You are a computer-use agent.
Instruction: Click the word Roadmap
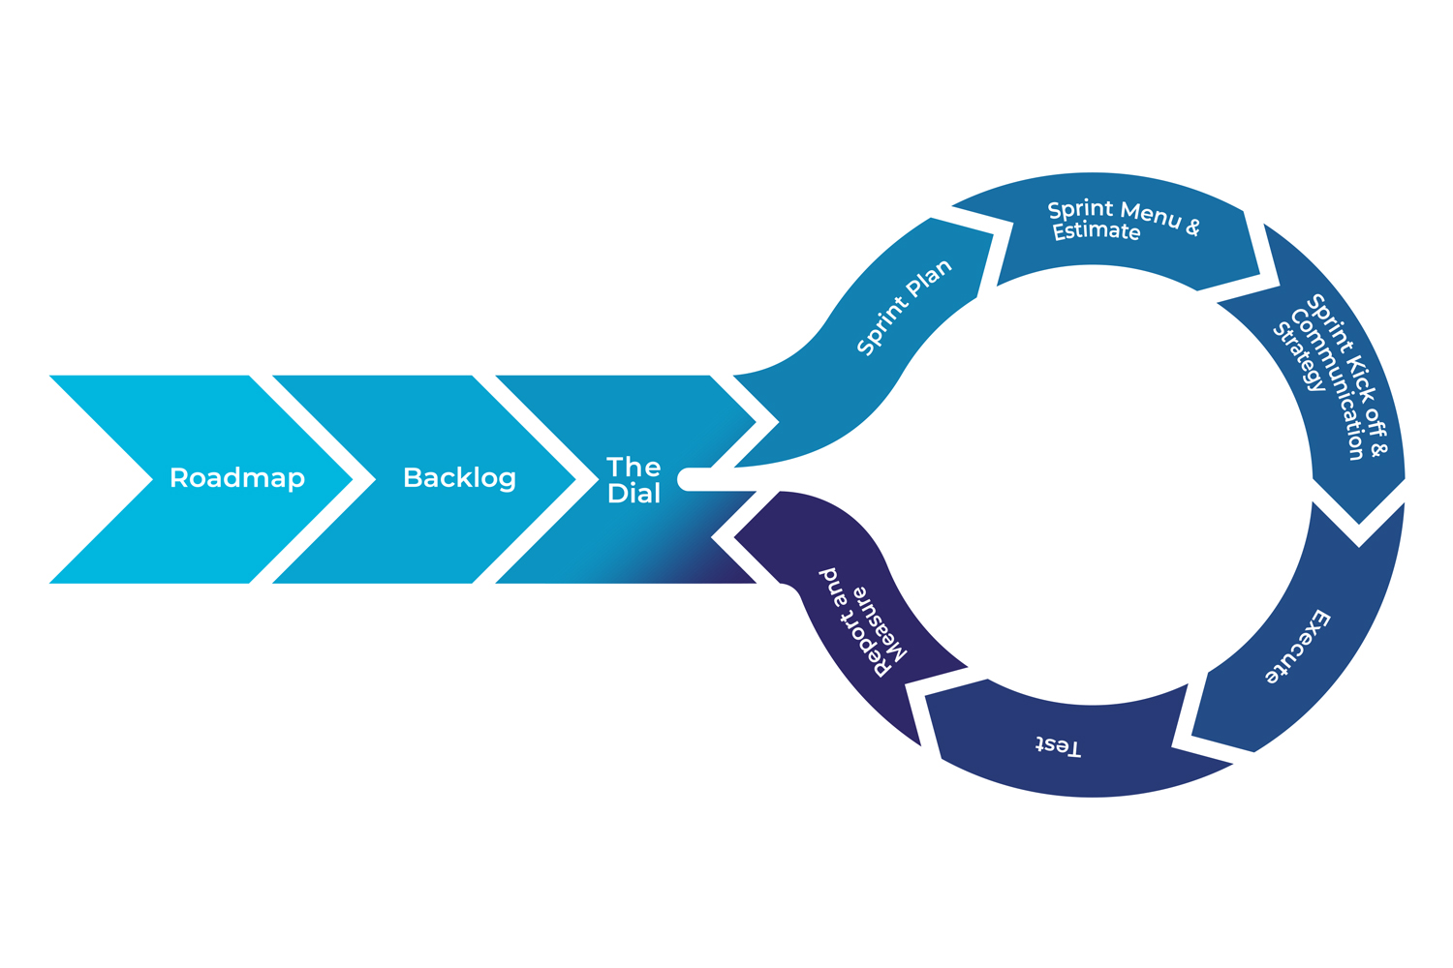(x=237, y=478)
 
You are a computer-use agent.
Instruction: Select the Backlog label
(x=459, y=478)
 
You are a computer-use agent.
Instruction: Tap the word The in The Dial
(x=634, y=468)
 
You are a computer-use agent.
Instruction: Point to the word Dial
(x=634, y=494)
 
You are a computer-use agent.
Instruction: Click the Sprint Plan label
(x=905, y=307)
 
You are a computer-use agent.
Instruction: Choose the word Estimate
(x=1097, y=231)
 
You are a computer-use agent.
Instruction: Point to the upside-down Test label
(x=1058, y=746)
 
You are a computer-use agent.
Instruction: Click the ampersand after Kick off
(x=1381, y=449)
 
